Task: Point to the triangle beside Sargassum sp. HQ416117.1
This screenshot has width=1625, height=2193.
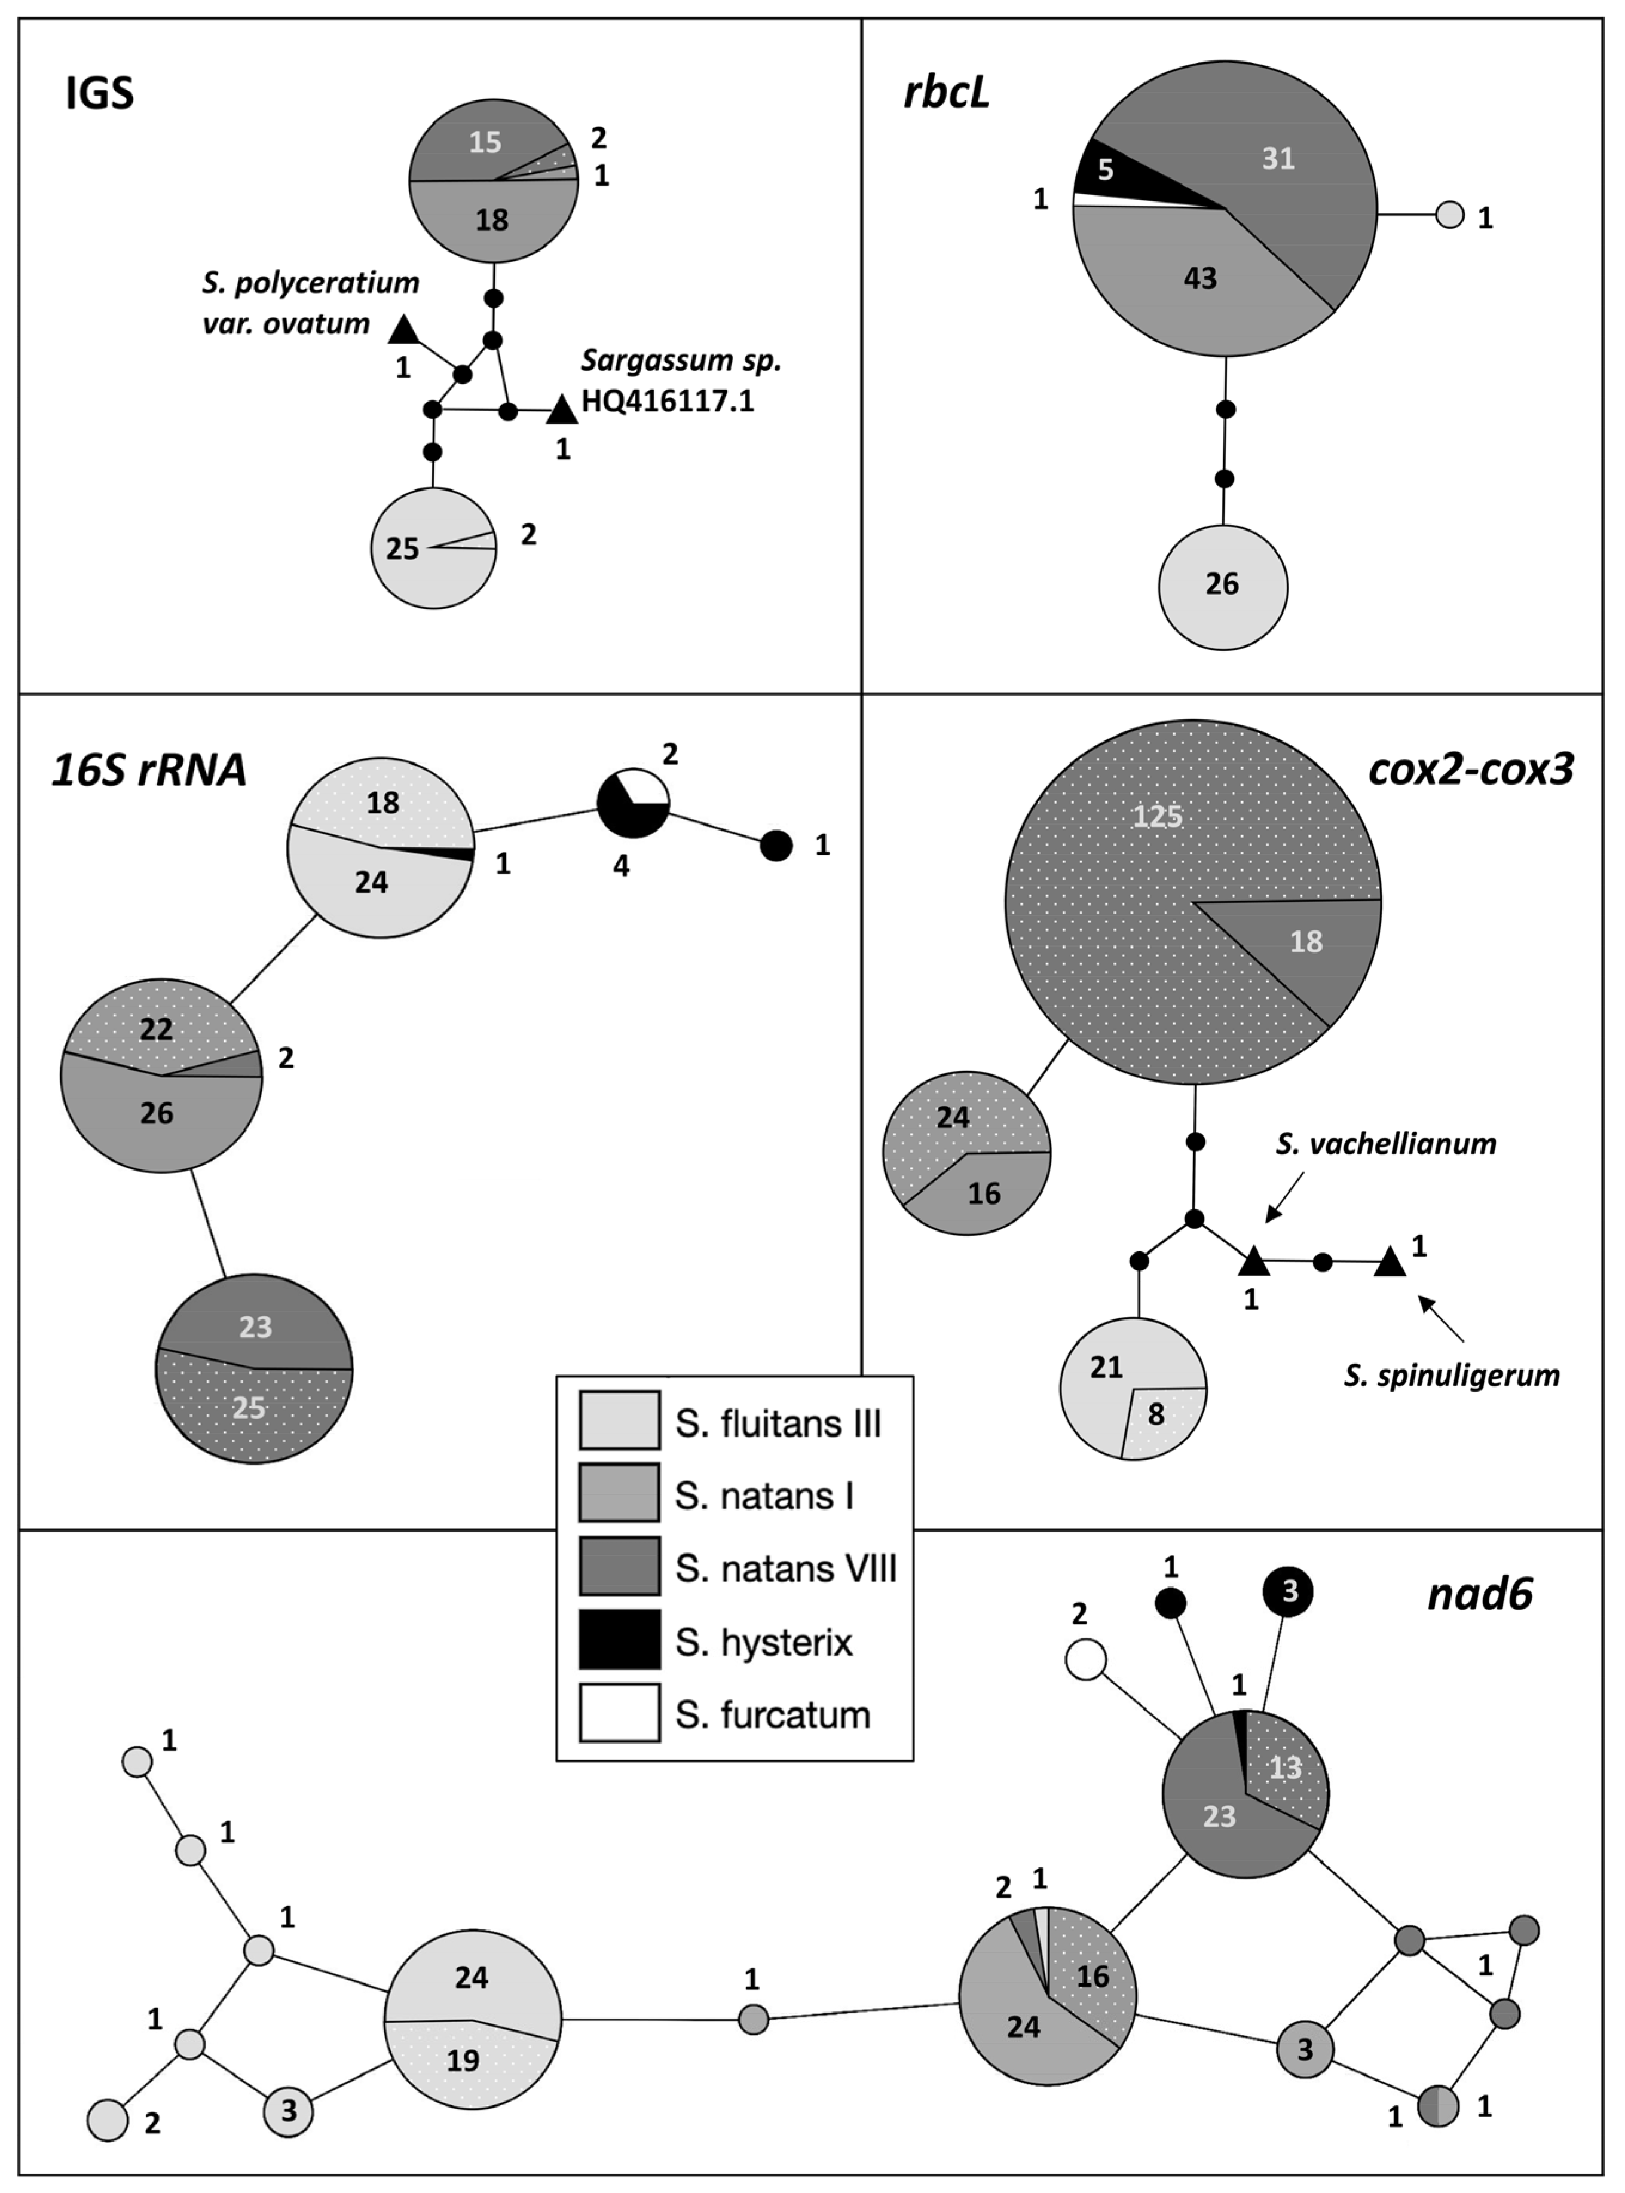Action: [x=562, y=410]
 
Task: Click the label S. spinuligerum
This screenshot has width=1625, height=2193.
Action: [x=1452, y=1375]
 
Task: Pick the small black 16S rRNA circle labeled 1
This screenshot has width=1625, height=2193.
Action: [x=776, y=845]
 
